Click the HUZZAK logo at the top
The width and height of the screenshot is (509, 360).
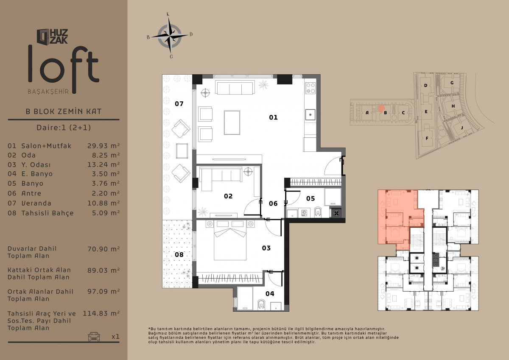(52, 36)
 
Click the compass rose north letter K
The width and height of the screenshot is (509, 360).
(168, 14)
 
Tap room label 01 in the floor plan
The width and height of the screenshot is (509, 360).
(273, 117)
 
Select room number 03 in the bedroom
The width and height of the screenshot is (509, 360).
(266, 248)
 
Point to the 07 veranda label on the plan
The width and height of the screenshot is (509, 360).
(179, 104)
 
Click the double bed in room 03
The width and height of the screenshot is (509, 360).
(230, 243)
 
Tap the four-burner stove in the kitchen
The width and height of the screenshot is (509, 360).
(310, 88)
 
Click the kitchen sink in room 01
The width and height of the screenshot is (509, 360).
(310, 115)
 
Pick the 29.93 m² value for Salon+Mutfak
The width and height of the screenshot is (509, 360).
(103, 146)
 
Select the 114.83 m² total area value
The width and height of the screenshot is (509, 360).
(101, 314)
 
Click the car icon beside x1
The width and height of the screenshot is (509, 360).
(94, 337)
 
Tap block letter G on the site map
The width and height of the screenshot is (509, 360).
(452, 83)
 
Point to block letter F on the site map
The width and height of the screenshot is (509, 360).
(427, 138)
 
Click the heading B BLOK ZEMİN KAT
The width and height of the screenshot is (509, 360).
(64, 112)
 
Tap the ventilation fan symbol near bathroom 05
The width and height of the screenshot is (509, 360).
(336, 213)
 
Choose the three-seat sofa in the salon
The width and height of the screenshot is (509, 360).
(235, 88)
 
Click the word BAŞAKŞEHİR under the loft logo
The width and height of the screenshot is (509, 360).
(48, 92)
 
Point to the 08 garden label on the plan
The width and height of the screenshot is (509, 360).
(179, 254)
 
